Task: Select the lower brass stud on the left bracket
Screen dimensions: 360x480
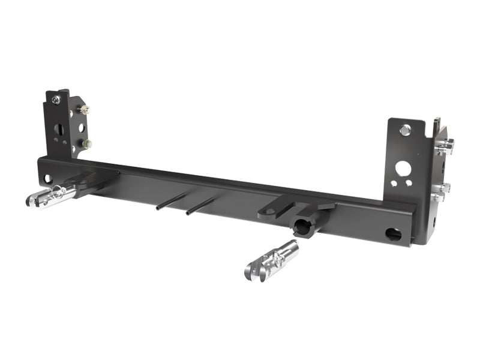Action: [88, 143]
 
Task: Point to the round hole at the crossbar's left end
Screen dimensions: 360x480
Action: [47, 178]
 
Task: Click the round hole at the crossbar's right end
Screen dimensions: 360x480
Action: [393, 234]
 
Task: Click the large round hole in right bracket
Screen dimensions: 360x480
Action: [403, 169]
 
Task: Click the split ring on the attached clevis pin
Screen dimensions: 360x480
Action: [58, 192]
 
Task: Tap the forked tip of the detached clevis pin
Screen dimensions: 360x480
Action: [253, 272]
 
